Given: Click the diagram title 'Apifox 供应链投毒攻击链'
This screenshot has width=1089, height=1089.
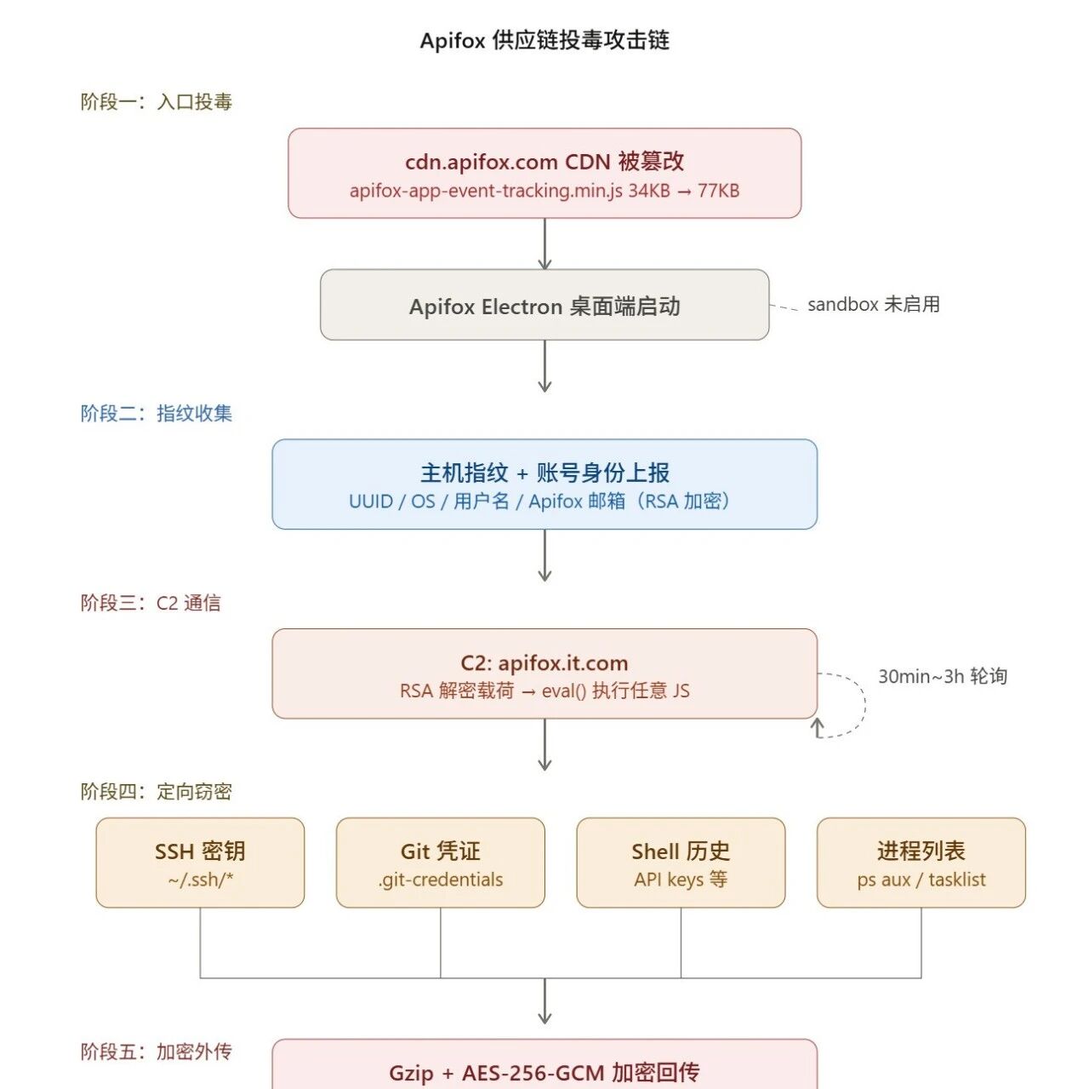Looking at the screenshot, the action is click(x=544, y=40).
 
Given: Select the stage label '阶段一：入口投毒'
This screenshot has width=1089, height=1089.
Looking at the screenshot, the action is click(x=156, y=102).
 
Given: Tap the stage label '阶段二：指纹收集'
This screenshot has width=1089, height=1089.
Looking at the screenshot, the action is click(x=156, y=413).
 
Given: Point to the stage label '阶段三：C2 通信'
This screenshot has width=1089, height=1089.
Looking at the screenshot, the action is click(x=151, y=603).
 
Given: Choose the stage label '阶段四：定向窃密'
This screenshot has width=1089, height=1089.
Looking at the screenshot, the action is click(x=156, y=792).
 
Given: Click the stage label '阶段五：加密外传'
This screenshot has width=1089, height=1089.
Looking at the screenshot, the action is click(x=156, y=1052).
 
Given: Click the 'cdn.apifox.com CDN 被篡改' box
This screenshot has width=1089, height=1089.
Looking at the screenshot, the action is click(x=544, y=173).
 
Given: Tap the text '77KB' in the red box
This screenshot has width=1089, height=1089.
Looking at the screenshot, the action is click(x=718, y=191).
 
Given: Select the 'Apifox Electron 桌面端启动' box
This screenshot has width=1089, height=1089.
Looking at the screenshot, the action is click(x=544, y=305).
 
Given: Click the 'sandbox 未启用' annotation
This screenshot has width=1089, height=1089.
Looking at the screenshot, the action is click(x=873, y=304).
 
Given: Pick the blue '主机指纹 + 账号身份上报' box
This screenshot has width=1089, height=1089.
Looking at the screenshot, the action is click(x=544, y=484).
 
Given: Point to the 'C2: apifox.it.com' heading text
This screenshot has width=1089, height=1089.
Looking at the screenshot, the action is click(x=544, y=662).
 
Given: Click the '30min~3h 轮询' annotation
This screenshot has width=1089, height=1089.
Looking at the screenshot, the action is click(x=942, y=676).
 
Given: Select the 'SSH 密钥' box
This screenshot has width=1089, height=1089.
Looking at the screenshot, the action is click(x=200, y=863).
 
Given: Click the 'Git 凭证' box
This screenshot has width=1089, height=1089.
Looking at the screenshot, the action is click(x=440, y=863).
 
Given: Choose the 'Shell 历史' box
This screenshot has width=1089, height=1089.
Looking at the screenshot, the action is click(x=681, y=863).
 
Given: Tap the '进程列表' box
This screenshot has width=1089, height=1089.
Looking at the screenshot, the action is click(x=921, y=863).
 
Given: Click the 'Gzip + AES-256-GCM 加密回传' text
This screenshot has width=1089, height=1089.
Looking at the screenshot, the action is click(x=544, y=1073).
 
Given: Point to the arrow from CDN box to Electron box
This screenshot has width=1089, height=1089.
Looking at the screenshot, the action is click(x=544, y=244).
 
